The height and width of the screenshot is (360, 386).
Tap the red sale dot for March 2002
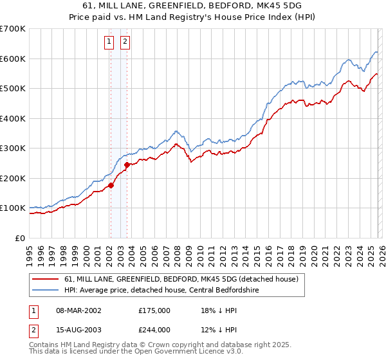tap(111, 186)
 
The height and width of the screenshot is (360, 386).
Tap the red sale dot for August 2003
tap(127, 165)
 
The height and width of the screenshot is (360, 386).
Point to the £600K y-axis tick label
tap(13, 59)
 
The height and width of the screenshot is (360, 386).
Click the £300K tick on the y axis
tap(13, 148)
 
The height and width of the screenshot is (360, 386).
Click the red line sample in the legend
tap(46, 280)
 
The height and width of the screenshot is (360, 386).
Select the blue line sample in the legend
tap(46, 290)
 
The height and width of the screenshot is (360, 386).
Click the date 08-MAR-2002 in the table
tap(78, 310)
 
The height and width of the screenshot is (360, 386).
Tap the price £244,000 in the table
tap(154, 330)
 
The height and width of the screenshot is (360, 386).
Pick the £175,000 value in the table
tap(154, 310)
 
